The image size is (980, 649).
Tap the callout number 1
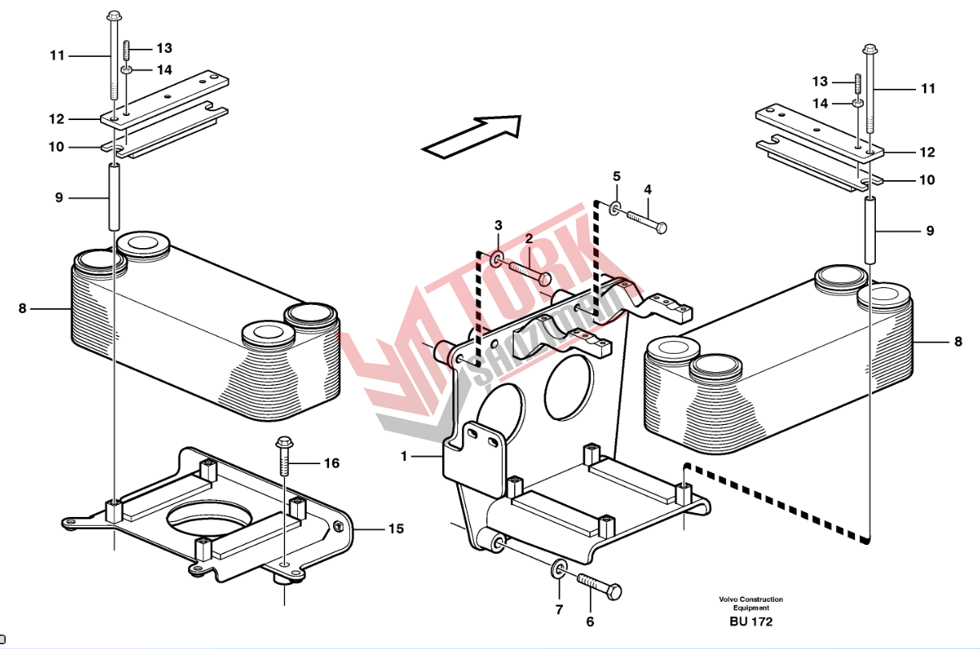pos(404,457)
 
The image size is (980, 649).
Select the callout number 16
pos(331,463)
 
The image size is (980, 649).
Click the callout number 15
pos(396,529)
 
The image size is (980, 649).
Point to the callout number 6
pos(590,622)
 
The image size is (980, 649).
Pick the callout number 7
pos(559,609)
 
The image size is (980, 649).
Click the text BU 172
pos(751,622)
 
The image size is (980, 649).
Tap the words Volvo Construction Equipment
pos(751,603)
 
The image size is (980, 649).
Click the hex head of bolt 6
pos(615,592)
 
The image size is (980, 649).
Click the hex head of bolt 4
pos(661,228)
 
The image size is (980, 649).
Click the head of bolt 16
pos(283,443)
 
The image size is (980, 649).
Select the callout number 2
pos(529,238)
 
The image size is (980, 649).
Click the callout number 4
pos(648,190)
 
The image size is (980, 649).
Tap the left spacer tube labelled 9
pos(114,197)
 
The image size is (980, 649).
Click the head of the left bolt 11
pos(114,17)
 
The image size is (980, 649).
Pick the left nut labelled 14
pos(127,70)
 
